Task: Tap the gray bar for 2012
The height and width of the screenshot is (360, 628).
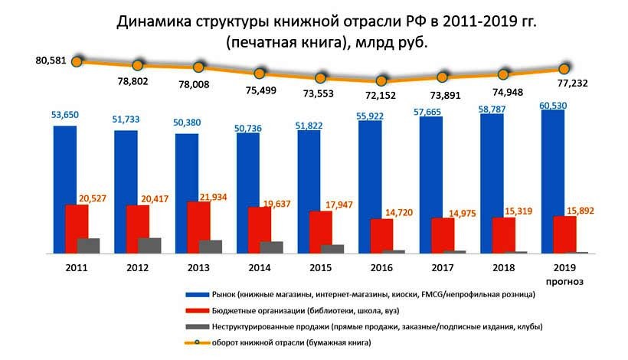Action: click(x=149, y=245)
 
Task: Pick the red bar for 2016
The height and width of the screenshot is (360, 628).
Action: click(x=381, y=234)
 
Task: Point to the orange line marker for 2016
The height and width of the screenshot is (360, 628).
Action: click(x=381, y=80)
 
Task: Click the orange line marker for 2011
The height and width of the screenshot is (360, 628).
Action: click(x=77, y=61)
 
